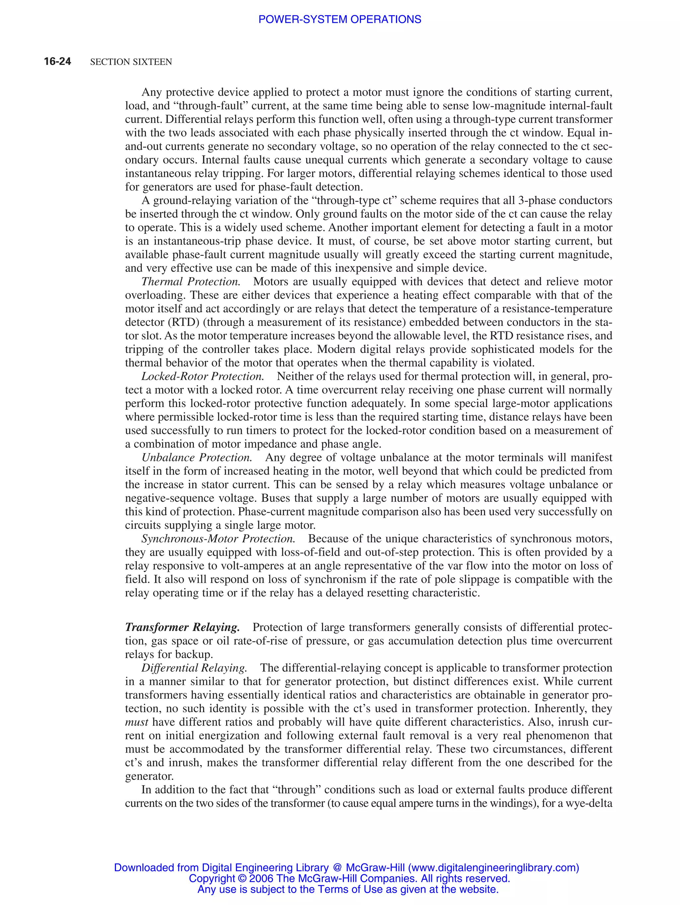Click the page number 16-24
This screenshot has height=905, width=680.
(57, 61)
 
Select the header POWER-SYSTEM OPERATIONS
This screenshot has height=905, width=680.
(339, 19)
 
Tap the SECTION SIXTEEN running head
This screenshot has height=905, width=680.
(131, 62)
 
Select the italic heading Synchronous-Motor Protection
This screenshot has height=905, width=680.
(218, 538)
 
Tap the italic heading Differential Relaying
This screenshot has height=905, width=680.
(194, 668)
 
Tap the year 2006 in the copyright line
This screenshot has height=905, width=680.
(261, 878)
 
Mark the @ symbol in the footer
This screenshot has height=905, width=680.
(337, 868)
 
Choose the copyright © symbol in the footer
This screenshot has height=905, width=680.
(241, 878)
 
